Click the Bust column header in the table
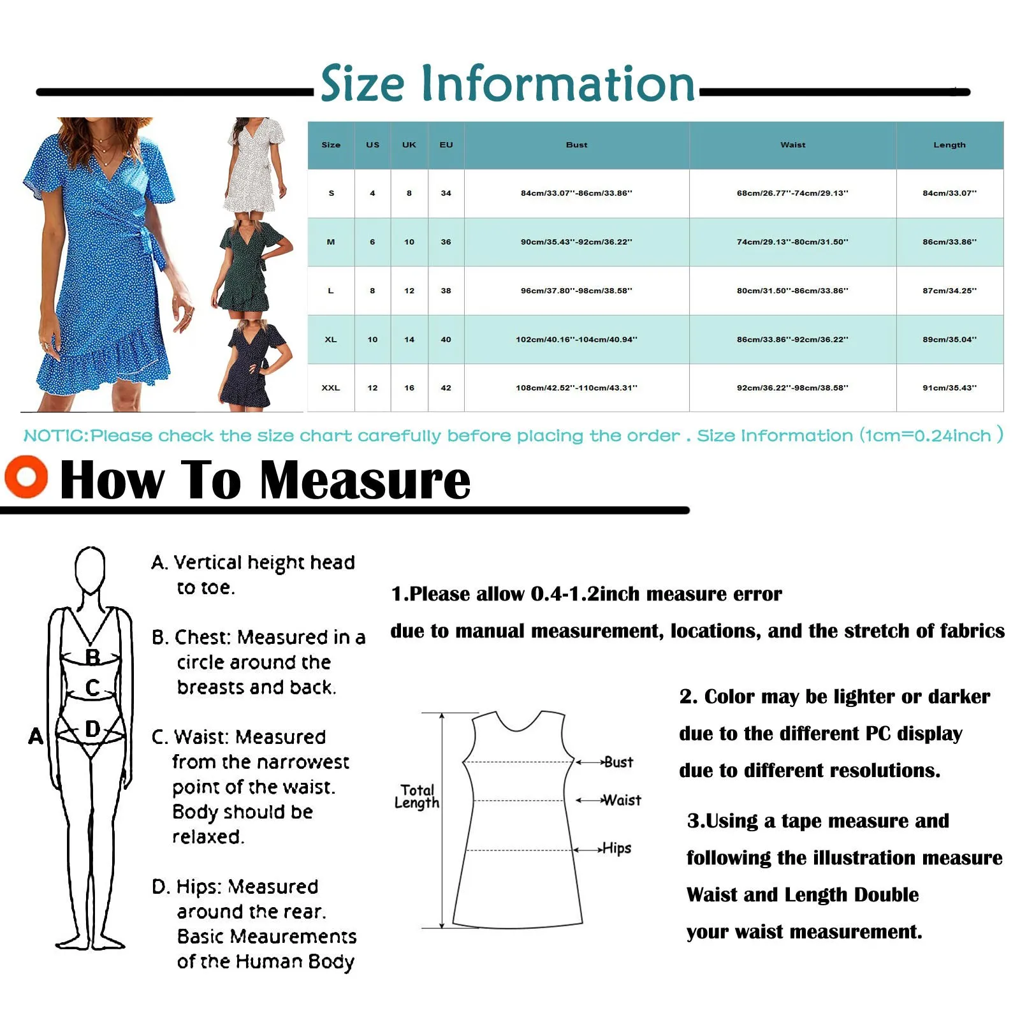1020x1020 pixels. tap(576, 145)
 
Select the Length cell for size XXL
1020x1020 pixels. tap(949, 388)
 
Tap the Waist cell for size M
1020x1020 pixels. tap(792, 242)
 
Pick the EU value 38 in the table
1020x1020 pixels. tap(446, 291)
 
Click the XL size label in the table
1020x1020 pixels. tap(330, 339)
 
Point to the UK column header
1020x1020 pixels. tap(409, 145)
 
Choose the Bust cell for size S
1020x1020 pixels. tap(576, 193)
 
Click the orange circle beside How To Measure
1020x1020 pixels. tap(26, 476)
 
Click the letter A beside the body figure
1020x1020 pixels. tap(36, 736)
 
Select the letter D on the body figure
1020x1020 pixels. tap(92, 729)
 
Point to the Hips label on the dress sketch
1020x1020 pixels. tap(616, 849)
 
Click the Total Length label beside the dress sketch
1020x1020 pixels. tap(417, 796)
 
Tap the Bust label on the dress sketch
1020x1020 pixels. tap(618, 762)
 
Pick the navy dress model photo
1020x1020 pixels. tap(255, 367)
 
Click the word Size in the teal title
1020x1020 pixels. tap(362, 84)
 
